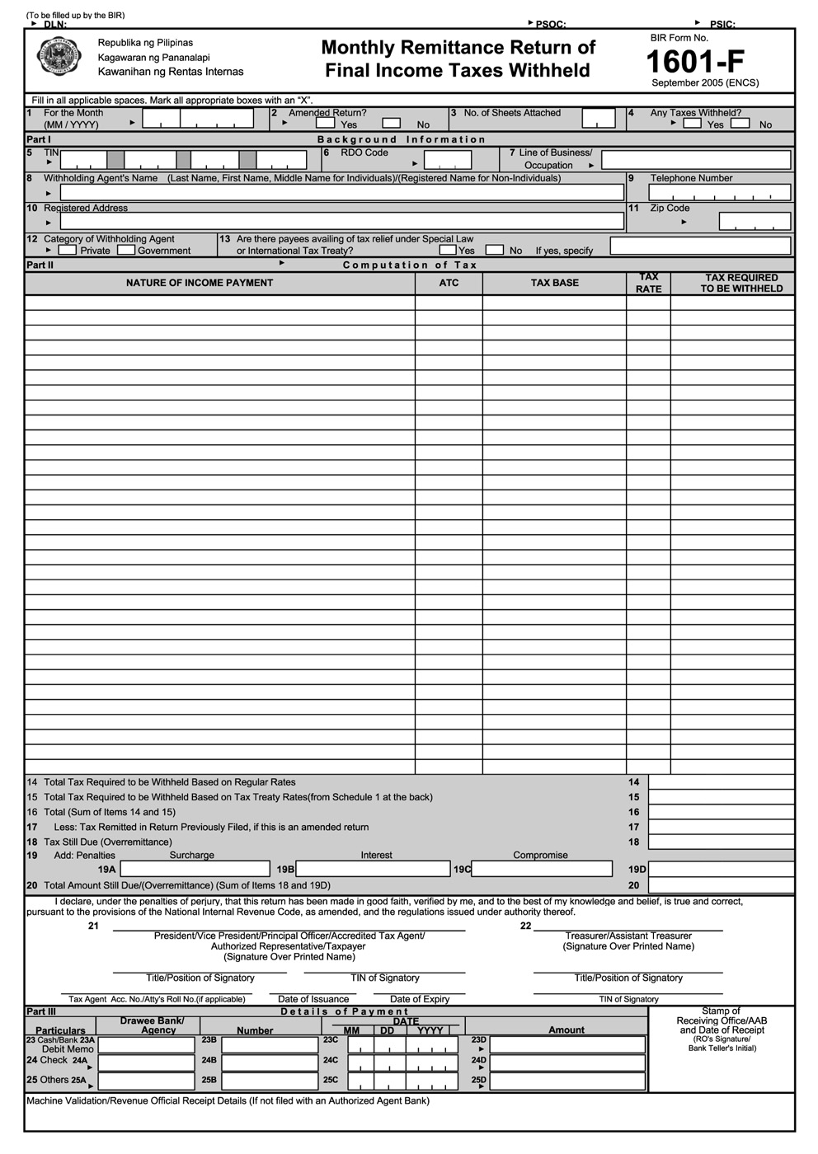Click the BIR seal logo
(x=59, y=57)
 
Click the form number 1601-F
(x=694, y=62)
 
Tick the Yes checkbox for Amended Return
(x=326, y=124)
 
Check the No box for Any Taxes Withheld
(x=740, y=124)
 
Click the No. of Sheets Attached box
(x=598, y=119)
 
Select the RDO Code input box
(x=447, y=160)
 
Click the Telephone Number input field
(x=719, y=193)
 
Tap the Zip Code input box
(x=754, y=221)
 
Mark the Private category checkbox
(x=68, y=250)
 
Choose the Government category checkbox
(x=126, y=250)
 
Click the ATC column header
(x=449, y=283)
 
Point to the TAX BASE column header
(x=554, y=283)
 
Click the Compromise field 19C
(x=542, y=869)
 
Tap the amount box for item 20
(x=721, y=885)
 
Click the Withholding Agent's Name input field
(x=341, y=193)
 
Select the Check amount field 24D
(x=567, y=1063)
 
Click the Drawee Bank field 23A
(x=146, y=1044)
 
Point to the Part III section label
(x=41, y=1011)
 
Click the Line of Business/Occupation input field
(x=695, y=160)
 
